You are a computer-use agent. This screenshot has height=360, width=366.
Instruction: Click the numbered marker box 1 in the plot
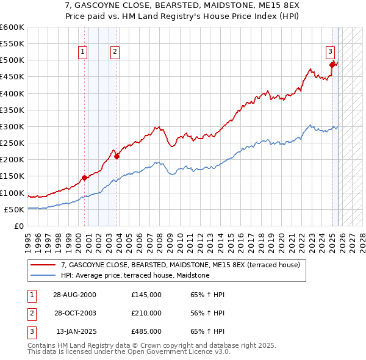[82, 52]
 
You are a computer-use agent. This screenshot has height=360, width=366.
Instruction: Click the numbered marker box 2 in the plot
[115, 52]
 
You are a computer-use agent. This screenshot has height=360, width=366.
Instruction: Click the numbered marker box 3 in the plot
[329, 52]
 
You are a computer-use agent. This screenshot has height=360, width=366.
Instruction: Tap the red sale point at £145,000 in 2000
[84, 178]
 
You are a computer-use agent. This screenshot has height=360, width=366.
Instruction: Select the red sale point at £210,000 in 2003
[117, 156]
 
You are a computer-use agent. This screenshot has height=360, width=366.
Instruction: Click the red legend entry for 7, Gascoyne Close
[181, 265]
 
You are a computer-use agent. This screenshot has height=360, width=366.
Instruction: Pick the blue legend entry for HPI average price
[135, 276]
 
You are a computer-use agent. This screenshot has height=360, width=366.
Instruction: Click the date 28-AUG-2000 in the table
[75, 294]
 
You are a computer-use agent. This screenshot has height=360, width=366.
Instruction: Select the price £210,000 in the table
[146, 313]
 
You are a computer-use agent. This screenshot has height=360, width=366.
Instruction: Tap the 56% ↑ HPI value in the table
[207, 313]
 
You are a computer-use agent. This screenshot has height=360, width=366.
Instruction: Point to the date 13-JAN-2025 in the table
[75, 332]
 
